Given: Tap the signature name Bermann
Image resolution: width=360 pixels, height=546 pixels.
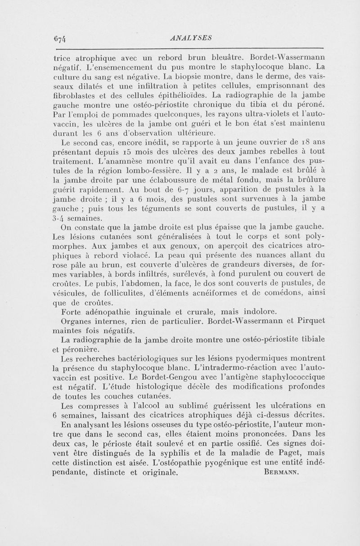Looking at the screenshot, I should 280,473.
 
